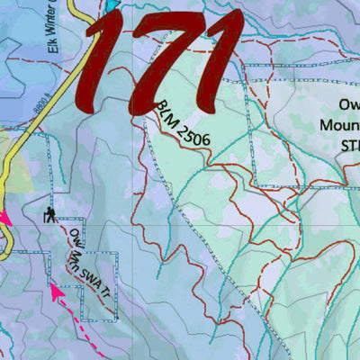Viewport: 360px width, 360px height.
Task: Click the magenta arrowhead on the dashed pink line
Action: point(58,290)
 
